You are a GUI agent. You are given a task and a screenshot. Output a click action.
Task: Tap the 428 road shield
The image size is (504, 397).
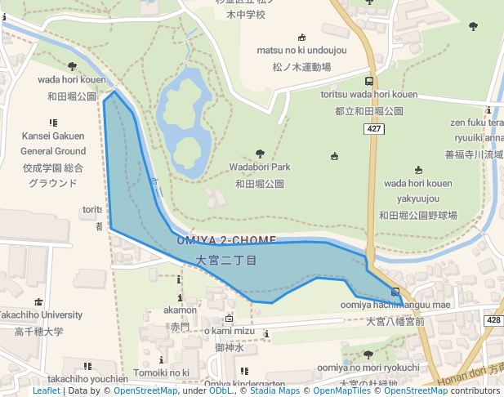point(493,319)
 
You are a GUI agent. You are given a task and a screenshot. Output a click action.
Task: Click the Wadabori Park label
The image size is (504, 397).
point(260,167)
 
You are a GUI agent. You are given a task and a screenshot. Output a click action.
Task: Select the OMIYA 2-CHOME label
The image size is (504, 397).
point(226,240)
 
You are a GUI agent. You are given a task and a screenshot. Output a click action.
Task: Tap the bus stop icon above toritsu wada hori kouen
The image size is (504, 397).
point(369,81)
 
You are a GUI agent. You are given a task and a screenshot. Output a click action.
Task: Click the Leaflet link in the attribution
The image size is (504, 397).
point(46,390)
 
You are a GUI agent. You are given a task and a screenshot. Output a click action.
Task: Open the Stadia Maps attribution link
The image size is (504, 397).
point(274,390)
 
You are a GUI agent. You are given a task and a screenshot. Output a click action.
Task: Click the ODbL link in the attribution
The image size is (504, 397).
point(221,390)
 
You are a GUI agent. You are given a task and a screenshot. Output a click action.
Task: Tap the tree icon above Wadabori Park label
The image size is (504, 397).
point(260,154)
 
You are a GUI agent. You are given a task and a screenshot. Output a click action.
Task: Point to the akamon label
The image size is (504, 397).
point(180,310)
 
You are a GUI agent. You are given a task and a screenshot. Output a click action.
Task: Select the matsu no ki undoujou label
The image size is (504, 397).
point(301,51)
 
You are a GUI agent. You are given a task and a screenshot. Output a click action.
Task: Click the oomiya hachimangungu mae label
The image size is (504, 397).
point(395,305)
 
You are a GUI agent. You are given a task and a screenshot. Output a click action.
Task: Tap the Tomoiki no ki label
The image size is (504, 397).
point(162,372)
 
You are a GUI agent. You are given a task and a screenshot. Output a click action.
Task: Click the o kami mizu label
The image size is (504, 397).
point(230,330)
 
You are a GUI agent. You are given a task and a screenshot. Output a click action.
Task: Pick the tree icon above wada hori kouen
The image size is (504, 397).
point(72,67)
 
